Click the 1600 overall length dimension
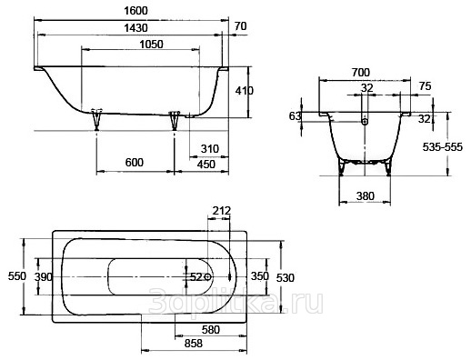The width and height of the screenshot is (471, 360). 135,11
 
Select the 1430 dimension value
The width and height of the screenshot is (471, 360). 135,28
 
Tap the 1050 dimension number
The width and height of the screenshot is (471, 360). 151,45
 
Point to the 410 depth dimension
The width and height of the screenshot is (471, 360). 245,91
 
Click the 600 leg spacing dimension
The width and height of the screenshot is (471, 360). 135,163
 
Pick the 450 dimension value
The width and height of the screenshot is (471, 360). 206,165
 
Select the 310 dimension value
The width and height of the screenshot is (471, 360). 210,149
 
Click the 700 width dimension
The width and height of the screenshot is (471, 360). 361,73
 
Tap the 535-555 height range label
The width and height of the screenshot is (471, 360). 443,147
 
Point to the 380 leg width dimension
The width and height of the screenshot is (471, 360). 365,196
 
